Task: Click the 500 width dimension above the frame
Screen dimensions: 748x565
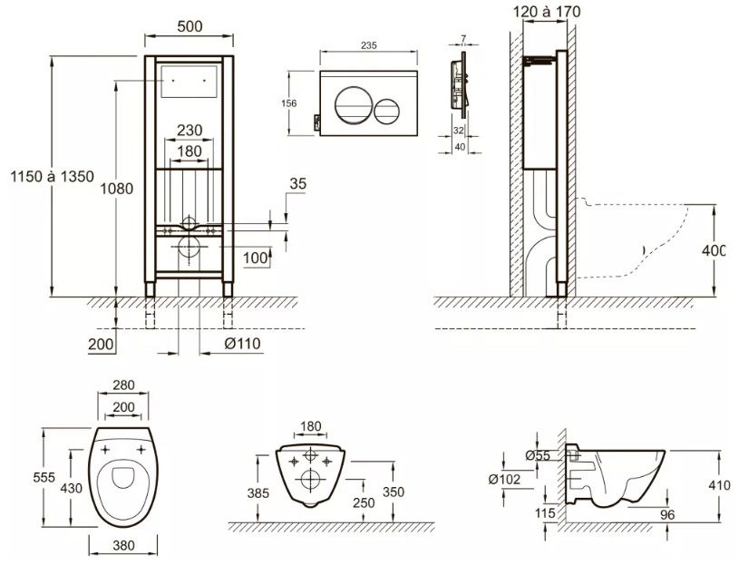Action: (189, 26)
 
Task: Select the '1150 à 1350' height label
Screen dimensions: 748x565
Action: (52, 177)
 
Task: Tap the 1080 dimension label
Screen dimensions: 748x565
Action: (116, 189)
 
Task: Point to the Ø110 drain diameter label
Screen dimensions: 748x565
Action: (242, 344)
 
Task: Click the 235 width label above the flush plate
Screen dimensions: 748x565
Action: (369, 45)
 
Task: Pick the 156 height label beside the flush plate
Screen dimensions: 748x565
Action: (288, 103)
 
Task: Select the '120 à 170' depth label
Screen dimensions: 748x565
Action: (547, 12)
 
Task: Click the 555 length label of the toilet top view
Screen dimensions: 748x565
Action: (44, 477)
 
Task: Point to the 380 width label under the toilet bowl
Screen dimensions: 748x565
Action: (123, 545)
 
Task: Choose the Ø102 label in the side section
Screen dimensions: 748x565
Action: (504, 479)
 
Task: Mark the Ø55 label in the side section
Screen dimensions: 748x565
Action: (538, 456)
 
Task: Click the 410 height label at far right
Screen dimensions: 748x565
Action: (719, 485)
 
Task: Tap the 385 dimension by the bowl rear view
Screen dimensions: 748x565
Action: (258, 493)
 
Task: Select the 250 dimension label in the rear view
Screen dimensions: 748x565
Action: (364, 502)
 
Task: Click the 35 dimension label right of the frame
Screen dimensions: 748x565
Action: (297, 184)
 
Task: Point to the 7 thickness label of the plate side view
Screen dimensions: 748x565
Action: (463, 39)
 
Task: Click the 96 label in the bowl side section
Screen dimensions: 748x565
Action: (667, 514)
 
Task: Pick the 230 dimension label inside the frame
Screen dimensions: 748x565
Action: (189, 130)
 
